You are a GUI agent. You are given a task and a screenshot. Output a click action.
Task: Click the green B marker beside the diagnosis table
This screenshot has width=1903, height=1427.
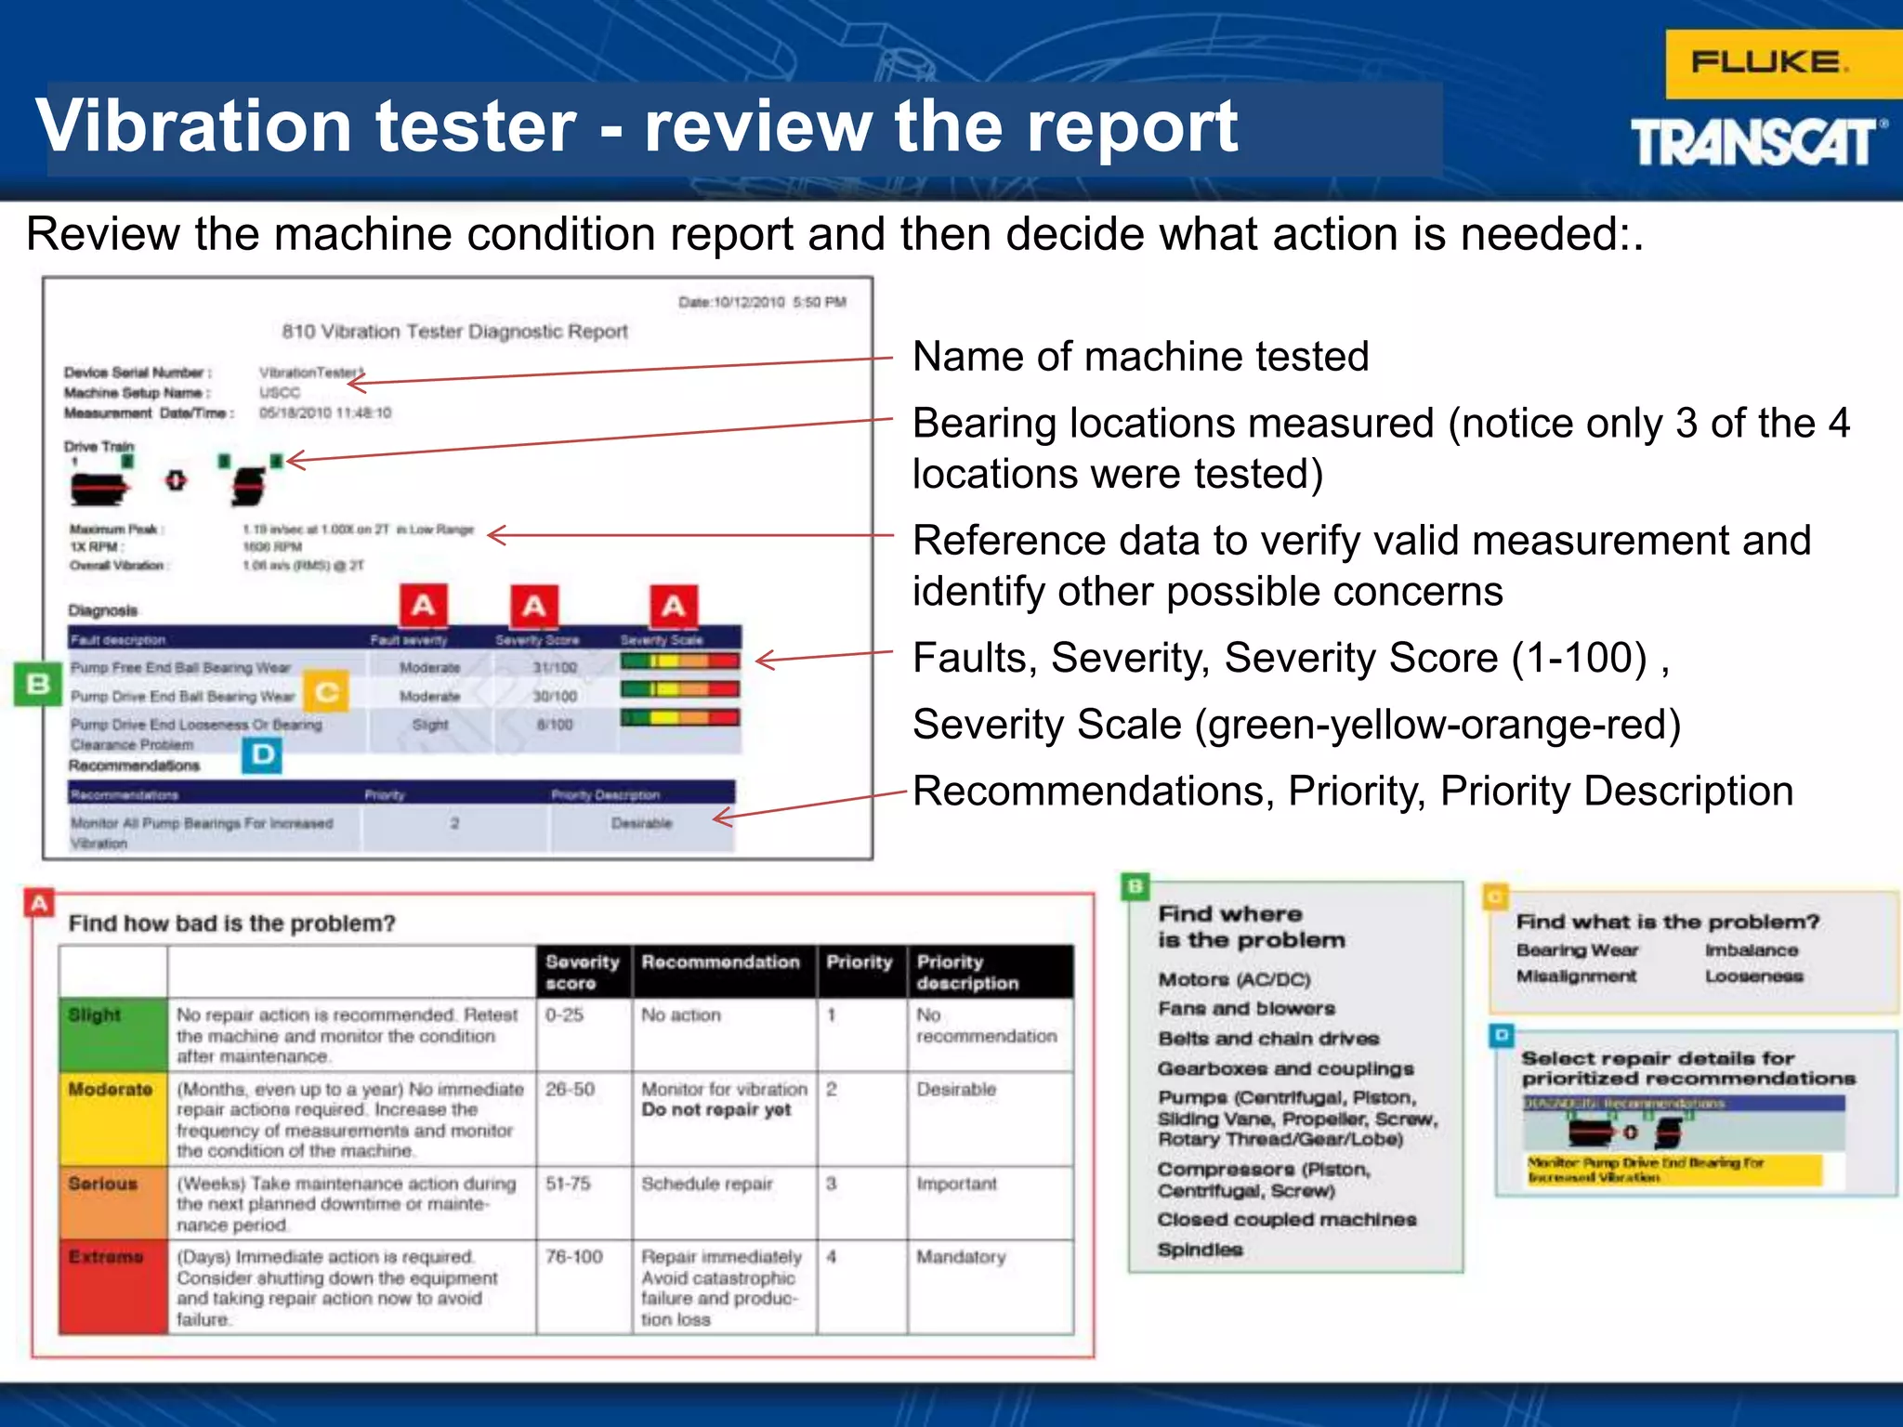click(37, 685)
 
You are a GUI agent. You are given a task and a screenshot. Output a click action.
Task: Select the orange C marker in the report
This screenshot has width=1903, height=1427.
click(326, 692)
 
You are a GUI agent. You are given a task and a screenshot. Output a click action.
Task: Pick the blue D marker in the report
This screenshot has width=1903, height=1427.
click(263, 754)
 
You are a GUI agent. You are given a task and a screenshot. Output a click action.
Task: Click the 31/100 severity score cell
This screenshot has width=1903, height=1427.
click(555, 667)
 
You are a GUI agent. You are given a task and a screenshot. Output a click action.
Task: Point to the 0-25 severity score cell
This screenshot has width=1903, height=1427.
click(565, 1015)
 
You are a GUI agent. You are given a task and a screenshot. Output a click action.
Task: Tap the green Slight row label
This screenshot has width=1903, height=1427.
click(96, 1015)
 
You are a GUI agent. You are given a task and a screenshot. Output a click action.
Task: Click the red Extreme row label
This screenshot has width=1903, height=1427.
click(106, 1257)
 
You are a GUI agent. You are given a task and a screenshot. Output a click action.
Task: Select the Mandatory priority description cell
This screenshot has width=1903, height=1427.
click(961, 1257)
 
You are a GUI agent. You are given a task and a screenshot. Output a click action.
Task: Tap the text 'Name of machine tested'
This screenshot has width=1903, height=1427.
click(1140, 357)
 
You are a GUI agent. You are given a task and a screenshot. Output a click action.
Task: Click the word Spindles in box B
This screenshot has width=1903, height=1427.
click(1200, 1250)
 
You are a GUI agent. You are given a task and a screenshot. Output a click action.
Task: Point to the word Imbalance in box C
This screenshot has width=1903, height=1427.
click(1752, 950)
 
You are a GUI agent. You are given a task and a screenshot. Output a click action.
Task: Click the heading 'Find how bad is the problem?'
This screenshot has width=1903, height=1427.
click(232, 923)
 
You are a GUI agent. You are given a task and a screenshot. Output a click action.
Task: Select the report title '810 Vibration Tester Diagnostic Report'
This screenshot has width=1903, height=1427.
click(455, 332)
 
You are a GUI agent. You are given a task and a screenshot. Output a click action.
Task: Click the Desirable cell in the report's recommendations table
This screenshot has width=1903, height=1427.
click(641, 823)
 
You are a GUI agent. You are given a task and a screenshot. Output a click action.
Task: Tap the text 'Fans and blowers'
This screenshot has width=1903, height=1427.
click(1246, 1009)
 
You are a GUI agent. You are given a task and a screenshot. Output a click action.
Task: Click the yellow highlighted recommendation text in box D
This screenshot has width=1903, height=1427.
click(1645, 1170)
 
